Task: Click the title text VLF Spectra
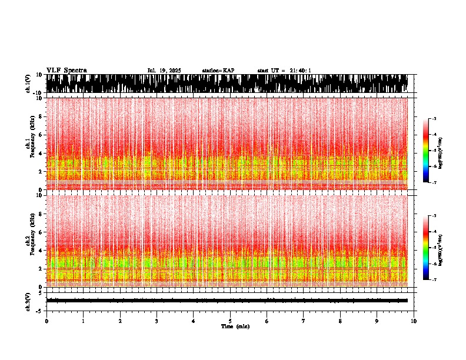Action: point(66,71)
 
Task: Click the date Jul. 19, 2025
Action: point(164,71)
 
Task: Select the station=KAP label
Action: point(218,71)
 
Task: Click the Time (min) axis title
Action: point(235,326)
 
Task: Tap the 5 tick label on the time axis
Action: point(230,321)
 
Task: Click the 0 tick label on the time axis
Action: point(46,321)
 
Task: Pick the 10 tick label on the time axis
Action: point(414,321)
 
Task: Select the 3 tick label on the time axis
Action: point(157,321)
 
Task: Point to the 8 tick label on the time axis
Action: point(340,321)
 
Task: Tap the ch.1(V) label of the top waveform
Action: point(28,84)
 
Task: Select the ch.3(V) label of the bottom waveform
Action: point(28,301)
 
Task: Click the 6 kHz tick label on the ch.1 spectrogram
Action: point(41,135)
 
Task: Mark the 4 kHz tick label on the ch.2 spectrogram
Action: point(41,251)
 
